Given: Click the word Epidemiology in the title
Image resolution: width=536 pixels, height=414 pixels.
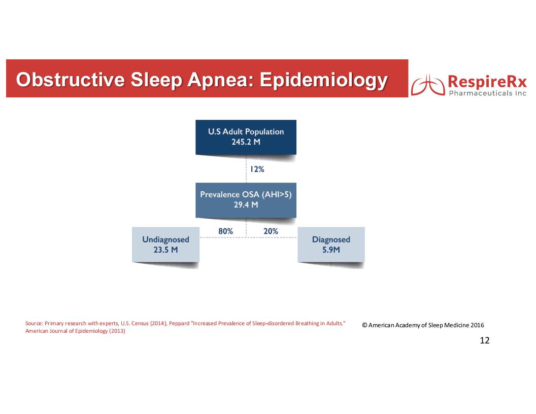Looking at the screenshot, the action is pyautogui.click(x=324, y=81).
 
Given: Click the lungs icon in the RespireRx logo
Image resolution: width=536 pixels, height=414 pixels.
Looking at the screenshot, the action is pyautogui.click(x=428, y=85).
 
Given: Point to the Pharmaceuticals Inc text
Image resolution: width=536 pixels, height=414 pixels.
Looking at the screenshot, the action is pyautogui.click(x=487, y=93).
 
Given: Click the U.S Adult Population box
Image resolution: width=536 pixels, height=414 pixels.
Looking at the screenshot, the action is pyautogui.click(x=246, y=137).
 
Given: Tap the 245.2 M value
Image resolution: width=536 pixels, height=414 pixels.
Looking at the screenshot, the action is pyautogui.click(x=246, y=142).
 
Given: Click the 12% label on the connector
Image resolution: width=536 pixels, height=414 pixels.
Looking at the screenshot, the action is pyautogui.click(x=257, y=169).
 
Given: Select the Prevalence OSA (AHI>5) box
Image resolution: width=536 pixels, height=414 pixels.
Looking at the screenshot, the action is pyautogui.click(x=246, y=200).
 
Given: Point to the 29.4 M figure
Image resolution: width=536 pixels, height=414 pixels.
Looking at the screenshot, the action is pyautogui.click(x=246, y=204).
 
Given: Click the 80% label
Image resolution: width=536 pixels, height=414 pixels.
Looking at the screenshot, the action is pyautogui.click(x=225, y=231).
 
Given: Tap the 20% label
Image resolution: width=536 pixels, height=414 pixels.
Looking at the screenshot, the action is pyautogui.click(x=271, y=231).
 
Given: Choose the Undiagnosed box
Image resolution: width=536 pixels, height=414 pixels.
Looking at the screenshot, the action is pyautogui.click(x=166, y=245).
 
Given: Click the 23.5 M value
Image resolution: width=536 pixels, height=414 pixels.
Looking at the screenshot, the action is pyautogui.click(x=166, y=250).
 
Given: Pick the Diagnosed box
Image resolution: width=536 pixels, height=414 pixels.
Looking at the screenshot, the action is pyautogui.click(x=331, y=245).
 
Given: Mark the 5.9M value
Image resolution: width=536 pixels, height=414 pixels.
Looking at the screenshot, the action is pyautogui.click(x=331, y=250).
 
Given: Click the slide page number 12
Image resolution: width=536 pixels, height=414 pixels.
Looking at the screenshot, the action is pyautogui.click(x=485, y=340).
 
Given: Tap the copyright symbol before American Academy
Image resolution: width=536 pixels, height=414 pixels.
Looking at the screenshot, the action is pyautogui.click(x=364, y=325).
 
